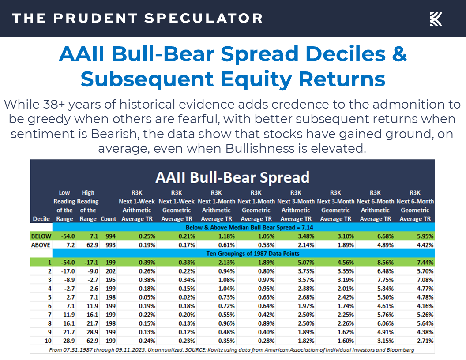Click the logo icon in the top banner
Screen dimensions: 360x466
pyautogui.click(x=436, y=19)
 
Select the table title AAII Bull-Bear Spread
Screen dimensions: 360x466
pyautogui.click(x=232, y=177)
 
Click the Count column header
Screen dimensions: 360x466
pyautogui.click(x=108, y=219)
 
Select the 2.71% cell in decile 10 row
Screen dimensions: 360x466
pyautogui.click(x=423, y=341)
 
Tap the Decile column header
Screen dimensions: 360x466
pyautogui.click(x=41, y=219)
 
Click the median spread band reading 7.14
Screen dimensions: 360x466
pyautogui.click(x=244, y=228)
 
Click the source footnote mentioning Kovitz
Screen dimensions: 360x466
pyautogui.click(x=232, y=349)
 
